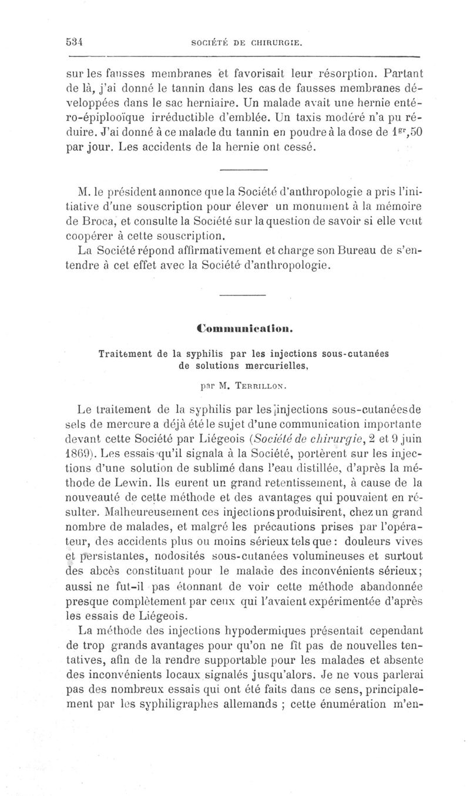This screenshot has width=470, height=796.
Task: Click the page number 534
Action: [74, 42]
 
